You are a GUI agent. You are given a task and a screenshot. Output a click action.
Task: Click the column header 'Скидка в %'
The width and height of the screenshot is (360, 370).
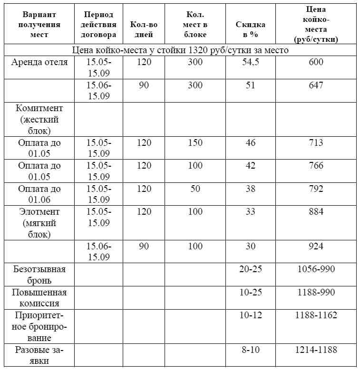[251, 29]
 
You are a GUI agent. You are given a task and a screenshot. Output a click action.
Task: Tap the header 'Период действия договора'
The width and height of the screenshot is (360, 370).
[99, 24]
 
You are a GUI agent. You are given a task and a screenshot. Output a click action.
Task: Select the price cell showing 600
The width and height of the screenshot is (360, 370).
[315, 62]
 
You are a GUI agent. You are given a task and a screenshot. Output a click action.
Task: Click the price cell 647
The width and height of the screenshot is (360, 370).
[315, 85]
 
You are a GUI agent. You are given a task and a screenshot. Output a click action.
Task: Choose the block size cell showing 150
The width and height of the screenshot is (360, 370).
[195, 142]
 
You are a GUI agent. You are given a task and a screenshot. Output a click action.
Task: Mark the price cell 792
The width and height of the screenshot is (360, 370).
[315, 189]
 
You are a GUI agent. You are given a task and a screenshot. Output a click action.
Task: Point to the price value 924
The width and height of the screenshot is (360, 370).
[315, 246]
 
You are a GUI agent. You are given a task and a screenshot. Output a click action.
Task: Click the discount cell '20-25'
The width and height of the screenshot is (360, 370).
[251, 269]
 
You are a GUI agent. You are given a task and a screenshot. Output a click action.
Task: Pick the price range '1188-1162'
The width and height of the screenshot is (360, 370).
[316, 315]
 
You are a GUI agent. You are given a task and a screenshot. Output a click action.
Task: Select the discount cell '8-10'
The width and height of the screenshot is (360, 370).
[251, 350]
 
